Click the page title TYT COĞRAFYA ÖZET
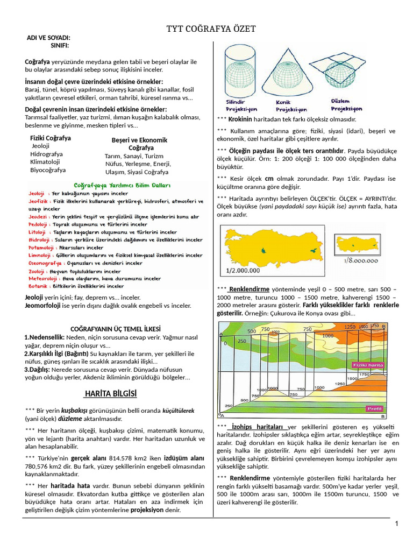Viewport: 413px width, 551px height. pyautogui.click(x=211, y=29)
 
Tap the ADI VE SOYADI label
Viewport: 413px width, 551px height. pyautogui.click(x=49, y=38)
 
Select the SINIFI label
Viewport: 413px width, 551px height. pyautogui.click(x=60, y=46)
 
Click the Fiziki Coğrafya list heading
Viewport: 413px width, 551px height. pyautogui.click(x=51, y=138)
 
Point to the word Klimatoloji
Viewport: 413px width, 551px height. pyautogui.click(x=45, y=161)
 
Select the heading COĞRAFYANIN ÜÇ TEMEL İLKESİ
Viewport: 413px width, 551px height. pyautogui.click(x=116, y=329)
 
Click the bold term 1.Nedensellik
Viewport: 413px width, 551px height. pyautogui.click(x=44, y=337)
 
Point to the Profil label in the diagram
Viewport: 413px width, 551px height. pyautogui.click(x=374, y=409)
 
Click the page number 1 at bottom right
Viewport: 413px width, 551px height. pyautogui.click(x=396, y=524)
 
